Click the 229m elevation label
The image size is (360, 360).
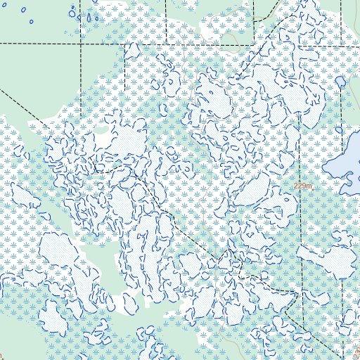[302, 186]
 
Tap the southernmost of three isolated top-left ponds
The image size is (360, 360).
[32, 21]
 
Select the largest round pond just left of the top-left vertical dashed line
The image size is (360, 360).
[73, 13]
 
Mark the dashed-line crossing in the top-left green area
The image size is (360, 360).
[81, 43]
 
